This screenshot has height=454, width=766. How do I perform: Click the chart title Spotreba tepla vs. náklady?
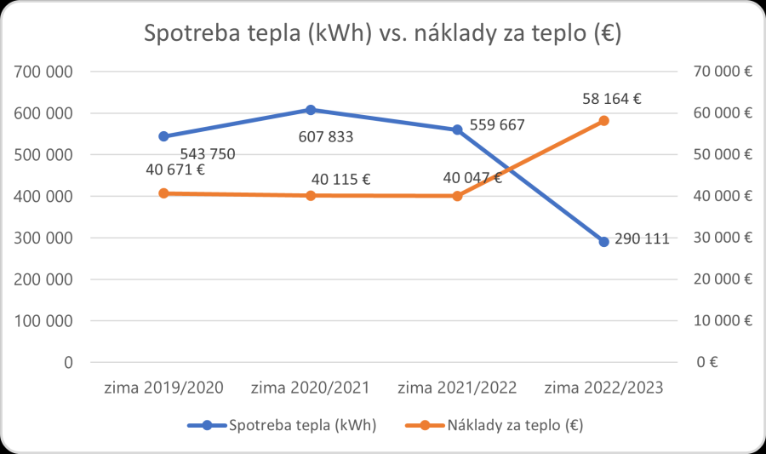click(x=382, y=35)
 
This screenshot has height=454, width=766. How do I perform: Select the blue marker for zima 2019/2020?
click(x=164, y=136)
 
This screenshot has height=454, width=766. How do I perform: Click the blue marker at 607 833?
click(x=311, y=110)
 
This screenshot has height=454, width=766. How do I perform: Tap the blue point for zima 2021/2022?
click(x=457, y=129)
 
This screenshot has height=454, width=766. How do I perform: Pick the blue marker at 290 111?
click(x=603, y=242)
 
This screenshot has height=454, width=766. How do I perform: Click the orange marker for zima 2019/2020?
click(x=164, y=193)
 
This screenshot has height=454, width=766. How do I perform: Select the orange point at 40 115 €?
click(x=311, y=196)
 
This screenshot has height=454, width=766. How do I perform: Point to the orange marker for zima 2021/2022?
click(x=457, y=196)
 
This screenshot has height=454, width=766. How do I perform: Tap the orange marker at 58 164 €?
click(x=603, y=121)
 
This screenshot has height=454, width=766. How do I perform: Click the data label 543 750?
click(x=206, y=154)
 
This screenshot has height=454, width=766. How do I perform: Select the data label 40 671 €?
click(x=176, y=170)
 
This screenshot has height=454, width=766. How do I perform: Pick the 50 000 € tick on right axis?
click(x=722, y=155)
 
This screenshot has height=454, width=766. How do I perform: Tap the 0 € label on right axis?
click(x=708, y=362)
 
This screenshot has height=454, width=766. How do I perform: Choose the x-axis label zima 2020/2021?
click(x=311, y=388)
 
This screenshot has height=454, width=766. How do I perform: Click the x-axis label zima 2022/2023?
click(x=603, y=388)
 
